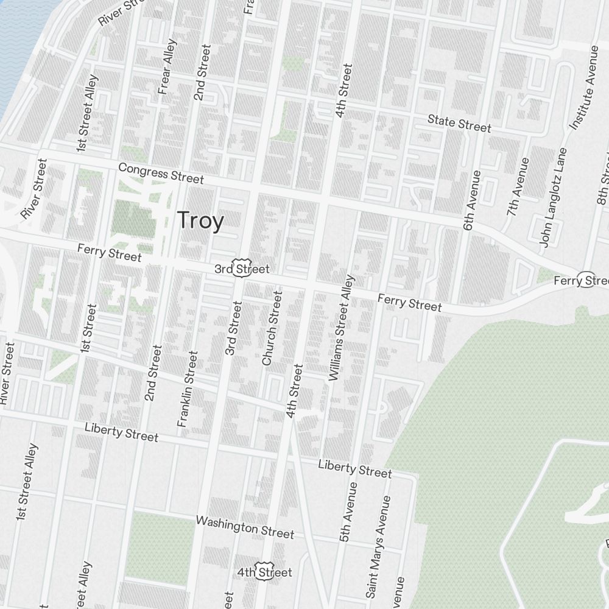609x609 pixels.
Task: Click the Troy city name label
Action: point(200,220)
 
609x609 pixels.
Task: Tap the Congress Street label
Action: point(161,173)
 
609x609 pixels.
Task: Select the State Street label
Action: point(459,122)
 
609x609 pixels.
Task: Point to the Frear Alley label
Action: point(167,67)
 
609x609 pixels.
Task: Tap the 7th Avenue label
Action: point(518,186)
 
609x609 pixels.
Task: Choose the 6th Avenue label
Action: point(472,200)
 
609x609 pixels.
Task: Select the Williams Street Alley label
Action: point(341,328)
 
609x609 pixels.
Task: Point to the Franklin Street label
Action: point(188,389)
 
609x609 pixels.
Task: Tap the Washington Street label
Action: point(245,527)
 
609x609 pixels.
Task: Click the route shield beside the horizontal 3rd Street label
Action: point(242,269)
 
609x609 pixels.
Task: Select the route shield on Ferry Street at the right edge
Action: point(586,280)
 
